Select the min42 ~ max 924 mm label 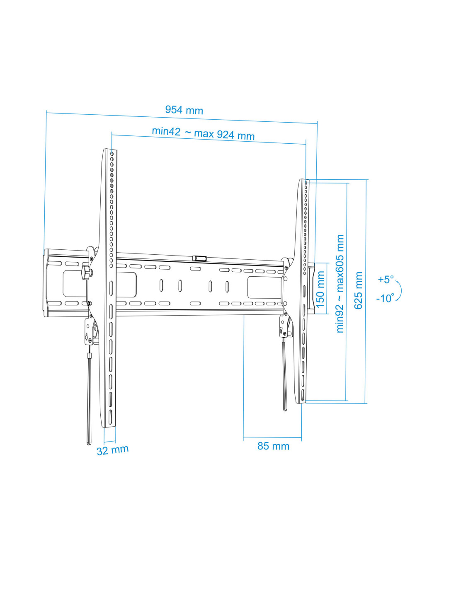point(203,133)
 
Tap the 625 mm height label point(358,290)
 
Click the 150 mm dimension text point(320,289)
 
